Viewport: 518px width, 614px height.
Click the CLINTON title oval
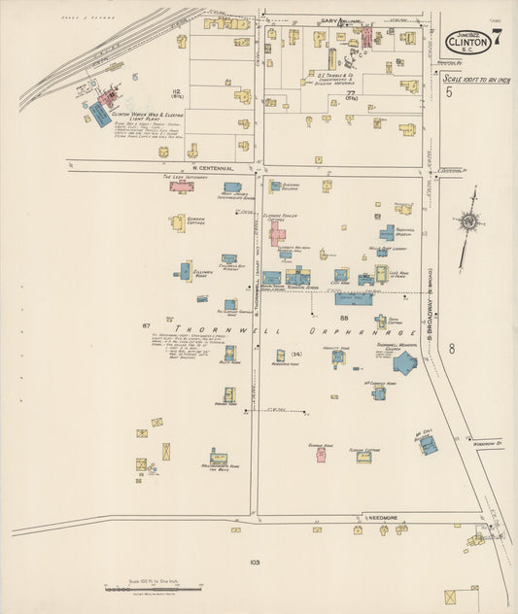pyautogui.click(x=467, y=43)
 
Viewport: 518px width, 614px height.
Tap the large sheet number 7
pyautogui.click(x=497, y=40)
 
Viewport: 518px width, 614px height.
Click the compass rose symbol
pyautogui.click(x=469, y=222)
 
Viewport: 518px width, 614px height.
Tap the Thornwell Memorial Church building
pyautogui.click(x=404, y=362)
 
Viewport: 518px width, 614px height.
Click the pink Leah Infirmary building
pyautogui.click(x=181, y=186)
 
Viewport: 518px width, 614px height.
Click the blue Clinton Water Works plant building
pyautogui.click(x=100, y=114)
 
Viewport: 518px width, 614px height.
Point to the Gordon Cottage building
pyautogui.click(x=179, y=222)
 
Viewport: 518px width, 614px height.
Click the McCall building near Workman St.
pyautogui.click(x=427, y=444)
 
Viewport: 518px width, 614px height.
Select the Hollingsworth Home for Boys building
pyautogui.click(x=219, y=457)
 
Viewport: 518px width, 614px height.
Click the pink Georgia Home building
pyautogui.click(x=321, y=453)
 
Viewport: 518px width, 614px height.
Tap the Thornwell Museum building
pyautogui.click(x=387, y=233)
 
